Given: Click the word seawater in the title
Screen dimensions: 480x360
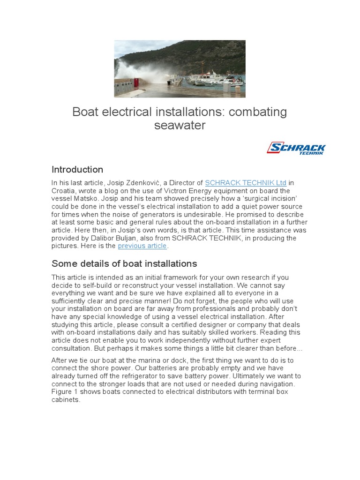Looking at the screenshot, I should (180, 126).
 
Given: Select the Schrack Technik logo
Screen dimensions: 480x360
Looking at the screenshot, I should (296, 149).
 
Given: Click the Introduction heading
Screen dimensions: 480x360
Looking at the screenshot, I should (77, 170).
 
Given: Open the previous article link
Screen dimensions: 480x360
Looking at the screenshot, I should (142, 246).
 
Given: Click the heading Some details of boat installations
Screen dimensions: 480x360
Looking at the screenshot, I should (124, 263).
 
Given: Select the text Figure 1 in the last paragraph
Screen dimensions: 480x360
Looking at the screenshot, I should (64, 392).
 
